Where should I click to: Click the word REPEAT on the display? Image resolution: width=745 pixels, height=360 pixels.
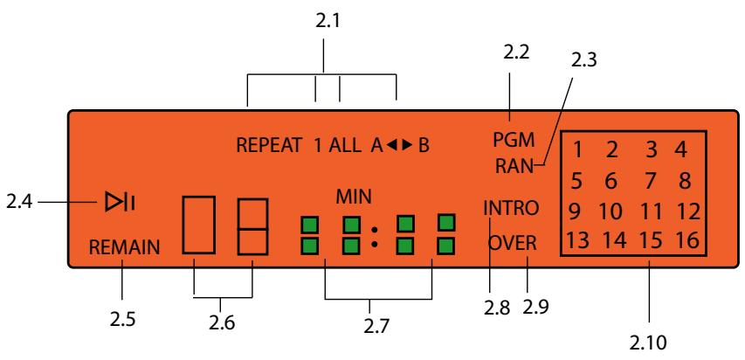[269, 146]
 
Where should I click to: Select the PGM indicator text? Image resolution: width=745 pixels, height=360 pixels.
[514, 141]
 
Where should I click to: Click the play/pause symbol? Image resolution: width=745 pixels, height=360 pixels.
[120, 203]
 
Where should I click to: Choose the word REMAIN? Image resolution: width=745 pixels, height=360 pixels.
[125, 247]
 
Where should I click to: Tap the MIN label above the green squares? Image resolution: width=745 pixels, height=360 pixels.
[354, 197]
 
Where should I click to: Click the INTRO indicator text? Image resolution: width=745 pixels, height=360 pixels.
[511, 208]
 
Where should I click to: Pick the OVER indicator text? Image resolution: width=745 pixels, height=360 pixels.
[512, 244]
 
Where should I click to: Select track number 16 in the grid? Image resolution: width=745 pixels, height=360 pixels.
[687, 241]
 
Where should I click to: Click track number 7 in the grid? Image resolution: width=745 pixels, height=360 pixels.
[649, 181]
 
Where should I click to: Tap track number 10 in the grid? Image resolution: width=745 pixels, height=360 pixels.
[610, 211]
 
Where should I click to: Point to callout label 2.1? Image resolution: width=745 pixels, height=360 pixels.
[328, 21]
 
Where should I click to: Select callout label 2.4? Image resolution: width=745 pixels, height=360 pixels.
[19, 203]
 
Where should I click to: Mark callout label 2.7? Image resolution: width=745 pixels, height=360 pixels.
[376, 326]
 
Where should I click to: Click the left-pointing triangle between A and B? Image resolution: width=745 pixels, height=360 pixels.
[391, 146]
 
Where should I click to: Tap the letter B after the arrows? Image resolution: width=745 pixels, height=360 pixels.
[424, 146]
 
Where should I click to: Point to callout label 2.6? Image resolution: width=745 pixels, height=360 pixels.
[222, 323]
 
